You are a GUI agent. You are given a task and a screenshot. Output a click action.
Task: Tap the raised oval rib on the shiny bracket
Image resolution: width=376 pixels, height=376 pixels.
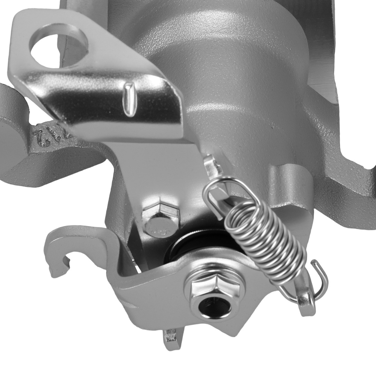[129, 99]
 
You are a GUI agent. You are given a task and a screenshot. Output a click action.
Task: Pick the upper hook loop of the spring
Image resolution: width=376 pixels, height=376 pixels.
[218, 192]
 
